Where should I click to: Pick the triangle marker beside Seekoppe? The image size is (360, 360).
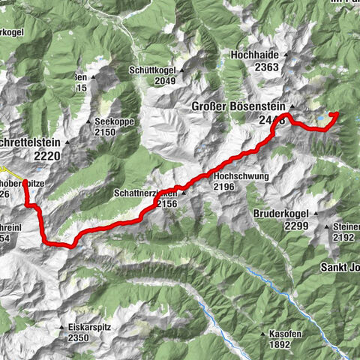point(88,121)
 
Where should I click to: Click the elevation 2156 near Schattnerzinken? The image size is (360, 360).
point(166,202)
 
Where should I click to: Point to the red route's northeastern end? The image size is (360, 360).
point(336,113)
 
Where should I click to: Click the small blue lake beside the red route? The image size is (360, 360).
point(321,118)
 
